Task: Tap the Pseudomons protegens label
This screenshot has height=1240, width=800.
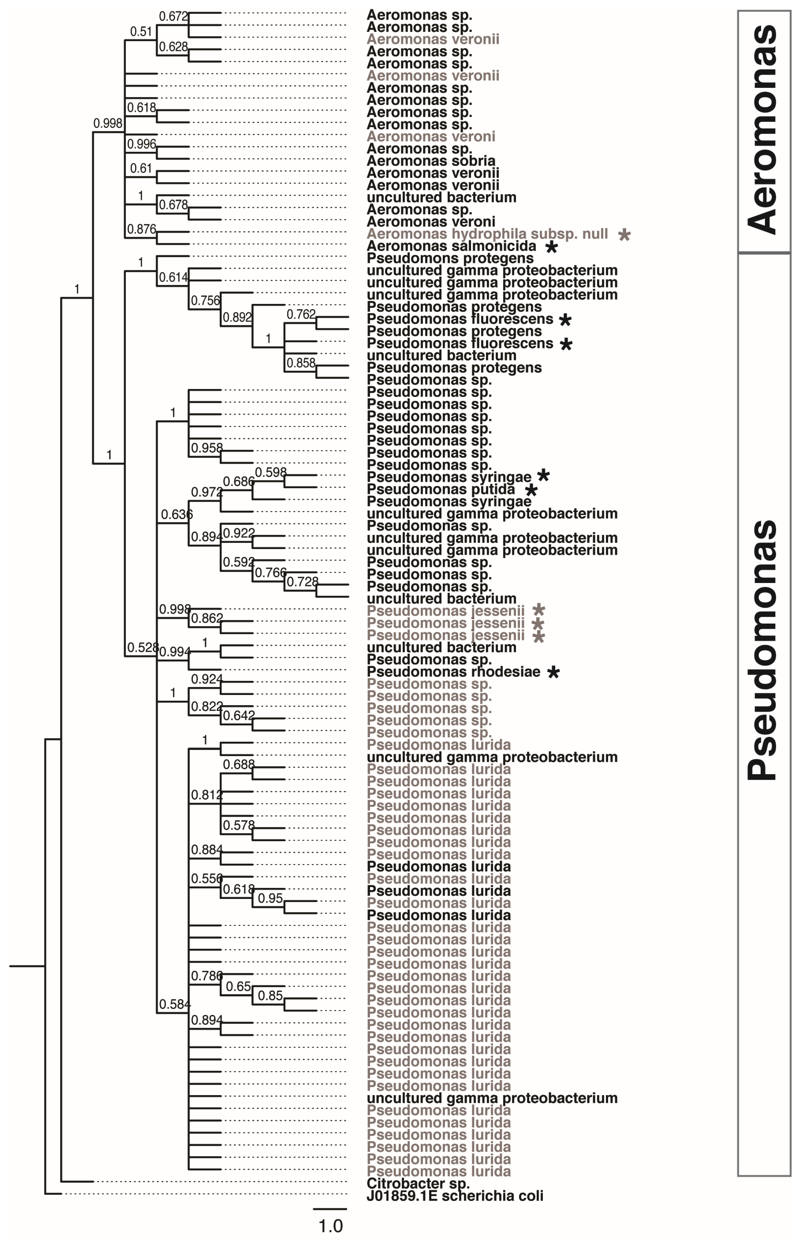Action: [443, 258]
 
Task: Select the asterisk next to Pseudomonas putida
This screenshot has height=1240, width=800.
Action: [531, 490]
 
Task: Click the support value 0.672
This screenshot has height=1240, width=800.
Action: [173, 17]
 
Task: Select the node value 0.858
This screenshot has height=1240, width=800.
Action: [301, 363]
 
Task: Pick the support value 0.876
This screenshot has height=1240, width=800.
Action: [141, 229]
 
